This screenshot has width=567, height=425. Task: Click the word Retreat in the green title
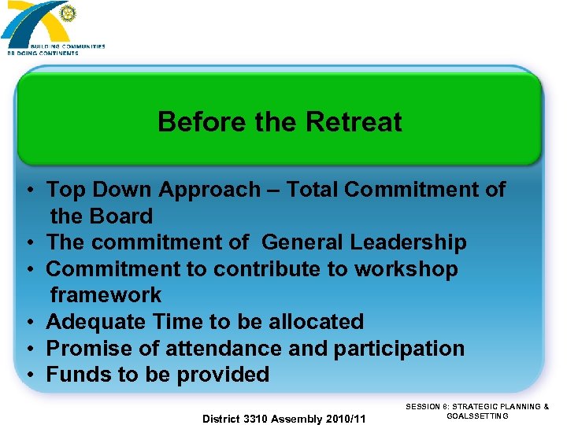coord(354,122)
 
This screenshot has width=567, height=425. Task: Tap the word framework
coord(106,295)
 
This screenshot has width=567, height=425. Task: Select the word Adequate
coord(95,322)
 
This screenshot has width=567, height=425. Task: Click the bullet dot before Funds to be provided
coord(28,375)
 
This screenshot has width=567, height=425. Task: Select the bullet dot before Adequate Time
coord(28,323)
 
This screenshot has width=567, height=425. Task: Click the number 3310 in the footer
coord(257,419)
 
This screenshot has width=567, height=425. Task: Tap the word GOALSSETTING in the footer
coord(477,416)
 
